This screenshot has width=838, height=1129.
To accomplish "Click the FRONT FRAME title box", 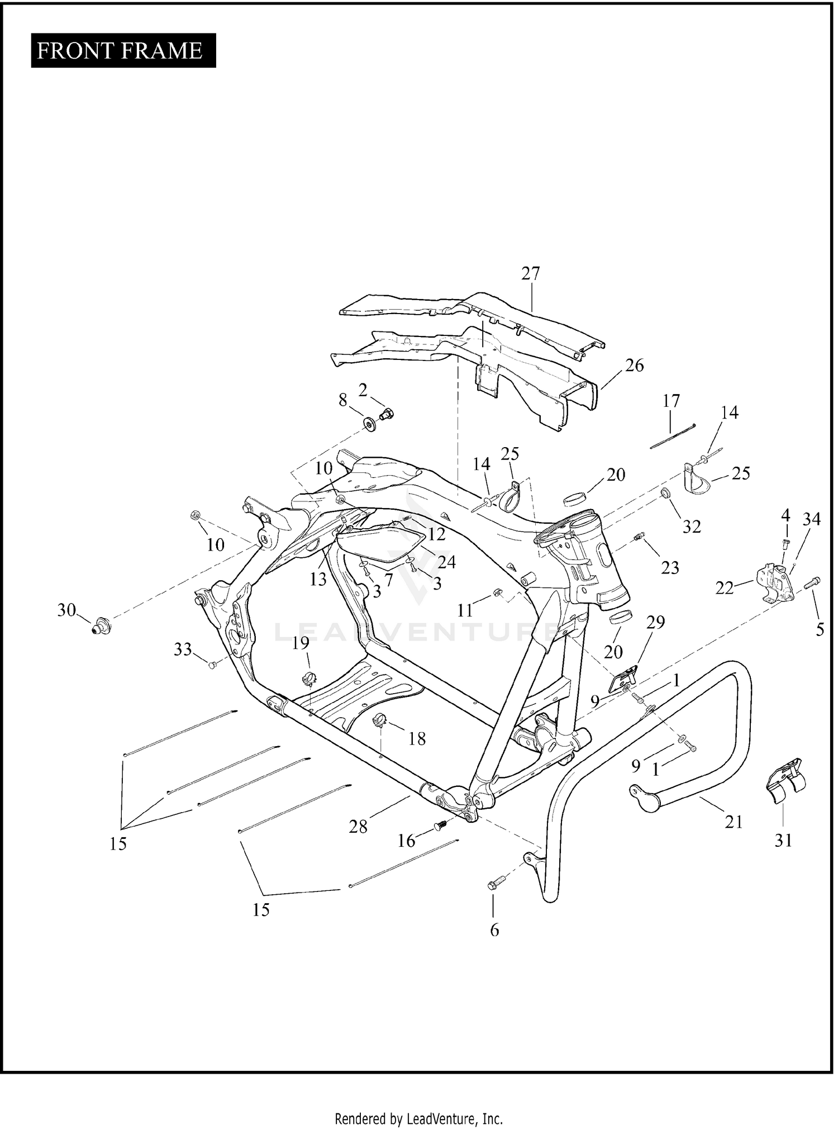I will [x=123, y=51].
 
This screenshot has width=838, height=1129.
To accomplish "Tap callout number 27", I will [x=531, y=273].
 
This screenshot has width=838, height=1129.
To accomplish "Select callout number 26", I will [x=634, y=366].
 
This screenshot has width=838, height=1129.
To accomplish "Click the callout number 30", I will [x=66, y=610].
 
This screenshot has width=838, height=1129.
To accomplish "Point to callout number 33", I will [x=183, y=649].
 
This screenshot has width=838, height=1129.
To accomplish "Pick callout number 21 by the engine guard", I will [x=733, y=822].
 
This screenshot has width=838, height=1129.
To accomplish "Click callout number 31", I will [x=783, y=840].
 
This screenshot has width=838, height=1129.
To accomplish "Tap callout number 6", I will [x=494, y=930].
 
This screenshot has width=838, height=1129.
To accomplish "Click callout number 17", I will [x=671, y=401].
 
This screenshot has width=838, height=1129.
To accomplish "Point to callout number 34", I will [x=811, y=519].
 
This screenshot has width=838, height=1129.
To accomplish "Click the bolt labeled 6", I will [x=496, y=884].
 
